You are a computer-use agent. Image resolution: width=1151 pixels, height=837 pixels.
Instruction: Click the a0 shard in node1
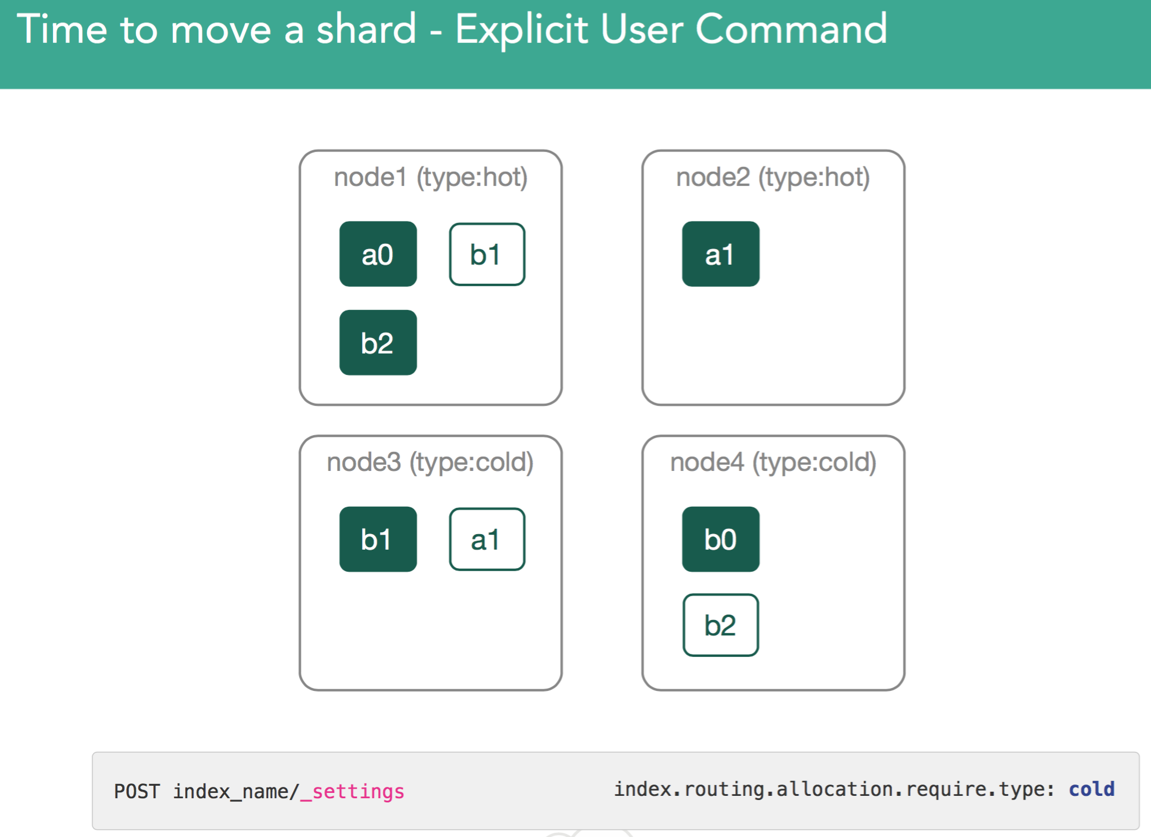(x=378, y=254)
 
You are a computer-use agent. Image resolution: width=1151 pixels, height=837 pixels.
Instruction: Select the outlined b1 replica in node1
(x=487, y=255)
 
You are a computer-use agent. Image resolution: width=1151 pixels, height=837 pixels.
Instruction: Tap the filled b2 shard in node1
(x=378, y=342)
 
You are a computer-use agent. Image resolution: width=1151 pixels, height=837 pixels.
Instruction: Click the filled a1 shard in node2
(x=720, y=254)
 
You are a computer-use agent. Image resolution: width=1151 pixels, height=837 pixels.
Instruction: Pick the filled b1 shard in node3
(x=378, y=539)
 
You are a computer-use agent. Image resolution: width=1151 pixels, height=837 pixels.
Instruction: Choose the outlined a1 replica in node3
(x=487, y=540)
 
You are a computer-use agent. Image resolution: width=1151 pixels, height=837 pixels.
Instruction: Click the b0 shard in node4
(x=720, y=539)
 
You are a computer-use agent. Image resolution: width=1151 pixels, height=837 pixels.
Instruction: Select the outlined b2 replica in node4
(x=720, y=625)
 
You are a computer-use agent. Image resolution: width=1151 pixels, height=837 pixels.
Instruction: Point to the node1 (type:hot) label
(x=431, y=178)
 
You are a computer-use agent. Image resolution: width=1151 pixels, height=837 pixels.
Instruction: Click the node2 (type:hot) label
(x=773, y=178)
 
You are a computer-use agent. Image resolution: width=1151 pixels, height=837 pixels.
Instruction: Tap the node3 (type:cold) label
(x=430, y=463)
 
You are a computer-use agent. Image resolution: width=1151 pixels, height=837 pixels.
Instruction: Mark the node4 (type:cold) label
(x=773, y=463)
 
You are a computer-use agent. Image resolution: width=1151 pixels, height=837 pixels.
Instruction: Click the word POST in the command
(x=137, y=791)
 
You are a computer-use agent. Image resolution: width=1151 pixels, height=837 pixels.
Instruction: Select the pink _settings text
(x=352, y=792)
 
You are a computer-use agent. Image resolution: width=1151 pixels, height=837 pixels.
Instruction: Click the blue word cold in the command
(x=1091, y=789)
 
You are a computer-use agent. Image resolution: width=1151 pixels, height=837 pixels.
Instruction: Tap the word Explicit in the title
(x=522, y=30)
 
